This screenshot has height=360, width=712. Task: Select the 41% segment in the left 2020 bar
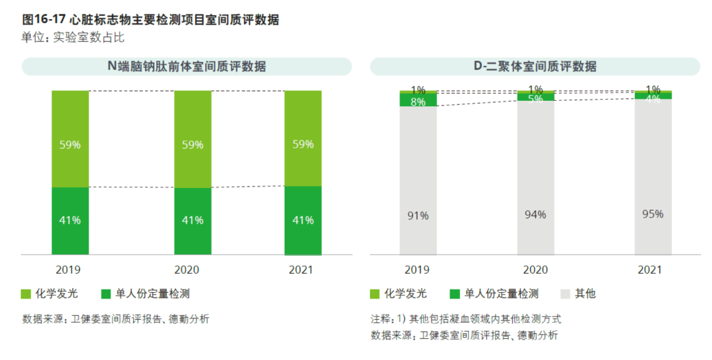(193, 220)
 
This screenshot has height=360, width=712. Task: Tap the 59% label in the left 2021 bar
(303, 144)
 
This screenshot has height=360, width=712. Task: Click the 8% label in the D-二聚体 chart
(418, 102)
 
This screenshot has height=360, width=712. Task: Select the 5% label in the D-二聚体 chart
(535, 99)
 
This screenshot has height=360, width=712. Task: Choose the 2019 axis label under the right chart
(417, 270)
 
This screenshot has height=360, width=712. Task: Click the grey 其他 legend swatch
(565, 294)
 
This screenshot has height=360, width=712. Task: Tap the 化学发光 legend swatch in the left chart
(26, 294)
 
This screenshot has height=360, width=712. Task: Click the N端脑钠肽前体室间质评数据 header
(187, 67)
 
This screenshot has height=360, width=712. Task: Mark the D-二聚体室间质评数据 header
(535, 67)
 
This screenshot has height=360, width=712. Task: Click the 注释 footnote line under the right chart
(465, 318)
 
